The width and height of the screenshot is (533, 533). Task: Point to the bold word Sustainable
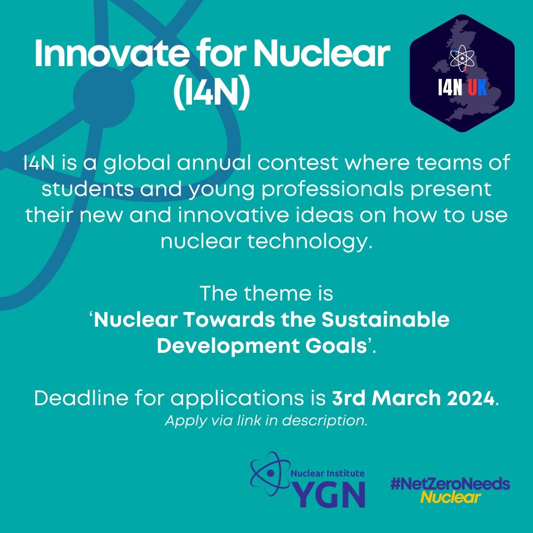385,320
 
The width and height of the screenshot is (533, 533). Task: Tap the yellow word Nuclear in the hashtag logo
450,497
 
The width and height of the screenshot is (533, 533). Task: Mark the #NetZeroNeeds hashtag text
450,484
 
